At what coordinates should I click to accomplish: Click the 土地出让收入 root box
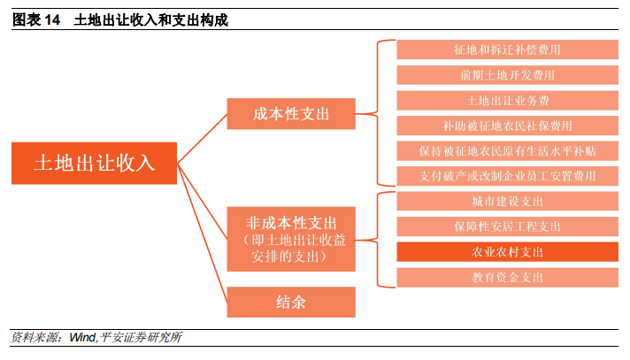[x=94, y=163]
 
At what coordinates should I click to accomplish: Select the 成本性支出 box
[x=291, y=114]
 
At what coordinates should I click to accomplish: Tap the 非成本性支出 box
[x=291, y=238]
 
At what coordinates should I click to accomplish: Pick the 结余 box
[x=291, y=302]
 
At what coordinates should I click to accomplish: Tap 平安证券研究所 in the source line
[x=142, y=338]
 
